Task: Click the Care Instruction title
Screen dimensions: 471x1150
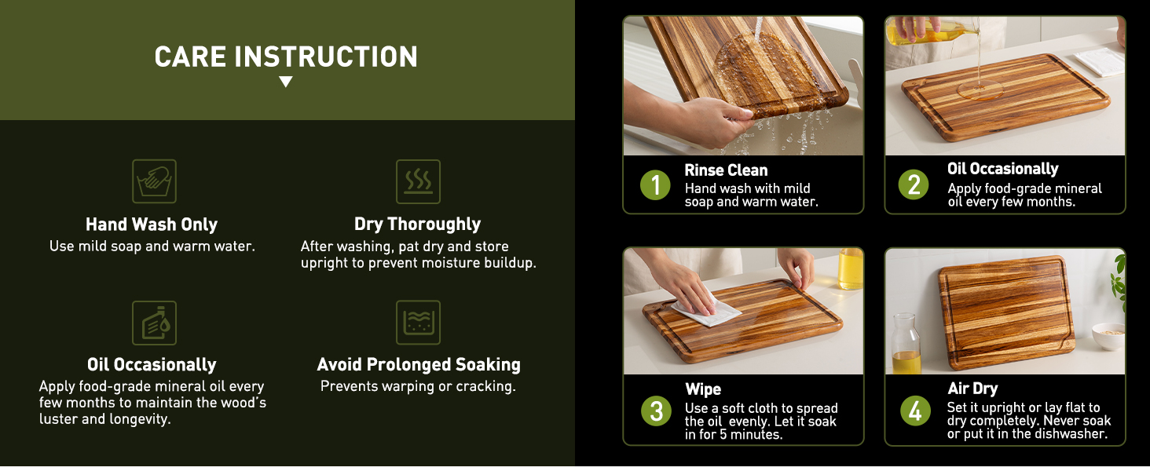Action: (286, 57)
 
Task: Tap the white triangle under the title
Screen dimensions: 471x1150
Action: (286, 82)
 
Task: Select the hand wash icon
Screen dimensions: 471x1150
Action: (154, 181)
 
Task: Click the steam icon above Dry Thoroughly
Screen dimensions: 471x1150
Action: (418, 181)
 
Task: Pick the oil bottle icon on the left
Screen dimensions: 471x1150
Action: (154, 323)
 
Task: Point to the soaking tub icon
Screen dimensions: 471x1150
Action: (418, 323)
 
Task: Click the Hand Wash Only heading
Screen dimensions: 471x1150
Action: (152, 225)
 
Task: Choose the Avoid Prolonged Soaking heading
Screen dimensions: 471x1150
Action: (419, 365)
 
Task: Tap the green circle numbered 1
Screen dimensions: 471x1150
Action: (655, 185)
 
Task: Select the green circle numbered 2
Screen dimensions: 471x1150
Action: (914, 184)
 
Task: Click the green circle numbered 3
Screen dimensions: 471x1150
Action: (656, 411)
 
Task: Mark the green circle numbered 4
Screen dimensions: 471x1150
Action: (915, 411)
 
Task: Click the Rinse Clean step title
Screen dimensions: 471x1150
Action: (726, 170)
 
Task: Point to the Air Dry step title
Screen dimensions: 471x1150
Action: (972, 389)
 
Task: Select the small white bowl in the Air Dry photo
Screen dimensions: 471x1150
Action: (1108, 336)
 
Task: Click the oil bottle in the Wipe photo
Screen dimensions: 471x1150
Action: (851, 269)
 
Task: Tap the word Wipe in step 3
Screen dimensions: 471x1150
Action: (702, 389)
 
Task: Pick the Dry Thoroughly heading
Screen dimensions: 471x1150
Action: (418, 225)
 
